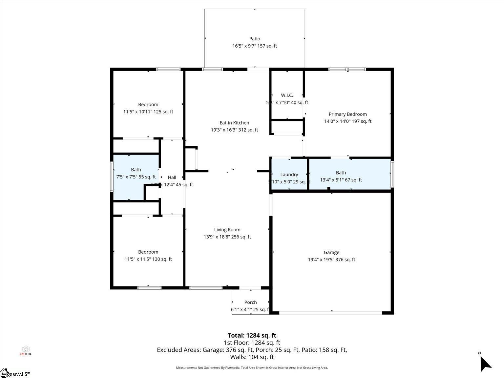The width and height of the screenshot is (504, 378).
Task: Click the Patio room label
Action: (255, 39)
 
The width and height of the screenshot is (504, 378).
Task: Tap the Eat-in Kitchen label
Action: (234, 123)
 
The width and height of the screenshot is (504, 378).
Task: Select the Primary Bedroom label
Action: (347, 114)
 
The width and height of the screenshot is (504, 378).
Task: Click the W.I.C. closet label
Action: (287, 95)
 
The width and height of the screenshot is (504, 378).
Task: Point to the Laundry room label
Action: (289, 175)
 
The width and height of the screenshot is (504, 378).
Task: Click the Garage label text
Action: (331, 252)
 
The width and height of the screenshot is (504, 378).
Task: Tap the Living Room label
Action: (227, 230)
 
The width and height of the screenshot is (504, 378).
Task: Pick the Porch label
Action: (250, 302)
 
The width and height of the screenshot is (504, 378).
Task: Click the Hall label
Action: (172, 178)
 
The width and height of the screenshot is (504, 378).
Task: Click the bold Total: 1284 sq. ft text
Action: (252, 335)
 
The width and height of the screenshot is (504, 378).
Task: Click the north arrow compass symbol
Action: (485, 364)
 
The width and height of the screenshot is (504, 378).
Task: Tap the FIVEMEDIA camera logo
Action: (26, 350)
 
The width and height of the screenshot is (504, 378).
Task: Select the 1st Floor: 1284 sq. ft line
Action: (252, 343)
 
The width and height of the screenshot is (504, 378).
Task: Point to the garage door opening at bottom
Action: (330, 313)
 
